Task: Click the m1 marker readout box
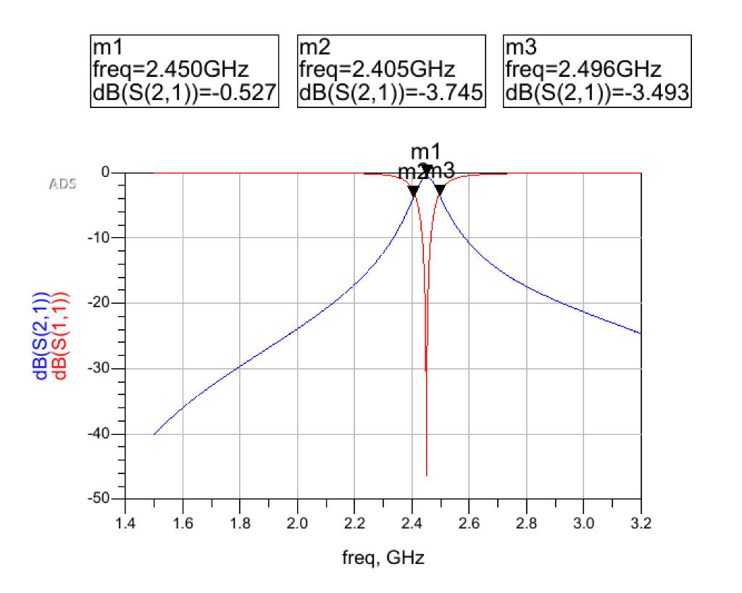pos(185,71)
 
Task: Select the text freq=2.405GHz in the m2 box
pos(377,70)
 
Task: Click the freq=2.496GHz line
pos(583,70)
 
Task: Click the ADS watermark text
pos(62,183)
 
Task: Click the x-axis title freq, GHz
pos(383,558)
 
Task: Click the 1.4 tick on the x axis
pos(125,523)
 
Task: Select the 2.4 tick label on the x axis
pos(412,523)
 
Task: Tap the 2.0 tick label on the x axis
pos(297,523)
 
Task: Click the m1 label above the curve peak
pos(425,152)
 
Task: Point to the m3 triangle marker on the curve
pos(440,190)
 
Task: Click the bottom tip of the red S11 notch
pos(426,476)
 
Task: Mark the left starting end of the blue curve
pos(154,434)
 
